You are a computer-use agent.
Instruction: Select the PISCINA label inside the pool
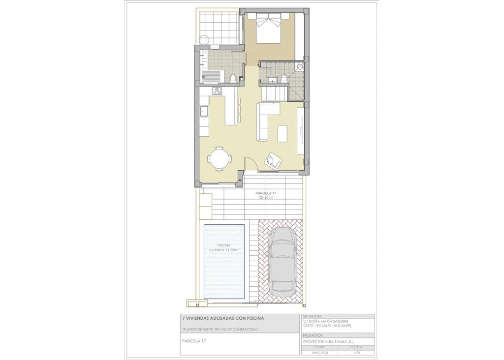(x=224, y=245)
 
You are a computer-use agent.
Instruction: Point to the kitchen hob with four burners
(x=217, y=91)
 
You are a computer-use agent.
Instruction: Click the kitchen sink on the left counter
(x=204, y=112)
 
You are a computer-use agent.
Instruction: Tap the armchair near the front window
(x=273, y=160)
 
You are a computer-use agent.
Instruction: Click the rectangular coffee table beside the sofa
(x=282, y=133)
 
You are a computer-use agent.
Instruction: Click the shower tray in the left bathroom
(x=213, y=77)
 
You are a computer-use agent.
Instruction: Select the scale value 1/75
(x=357, y=353)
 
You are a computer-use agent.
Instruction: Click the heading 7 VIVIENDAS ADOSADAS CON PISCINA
(x=219, y=318)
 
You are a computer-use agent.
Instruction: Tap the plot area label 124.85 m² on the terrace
(x=266, y=198)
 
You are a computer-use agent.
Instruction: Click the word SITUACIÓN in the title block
(x=313, y=317)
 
